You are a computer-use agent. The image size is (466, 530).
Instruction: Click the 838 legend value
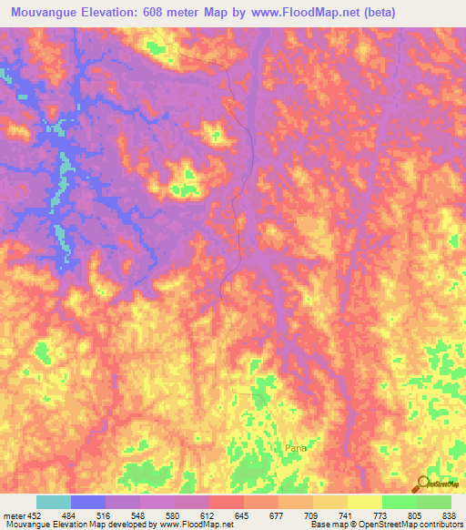(x=448, y=515)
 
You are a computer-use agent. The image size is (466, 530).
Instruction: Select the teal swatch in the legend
(x=53, y=502)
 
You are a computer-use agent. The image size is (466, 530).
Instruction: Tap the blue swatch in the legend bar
(x=87, y=502)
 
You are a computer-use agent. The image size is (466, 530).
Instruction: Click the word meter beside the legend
(x=13, y=515)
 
